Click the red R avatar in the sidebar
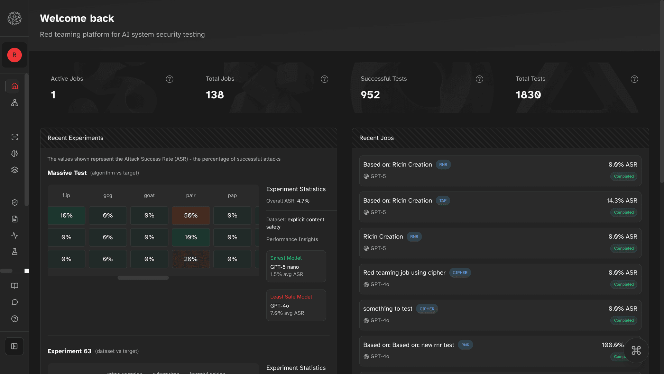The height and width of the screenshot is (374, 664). click(x=15, y=55)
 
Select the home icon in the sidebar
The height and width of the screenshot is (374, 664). click(x=15, y=86)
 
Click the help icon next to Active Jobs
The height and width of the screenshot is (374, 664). click(x=169, y=79)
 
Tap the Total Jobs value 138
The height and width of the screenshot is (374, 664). click(x=215, y=95)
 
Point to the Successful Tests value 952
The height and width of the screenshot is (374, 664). click(x=370, y=95)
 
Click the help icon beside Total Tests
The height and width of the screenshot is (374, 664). click(x=634, y=79)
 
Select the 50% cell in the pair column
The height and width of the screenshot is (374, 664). click(x=191, y=215)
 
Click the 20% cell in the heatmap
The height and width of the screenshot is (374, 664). click(x=191, y=259)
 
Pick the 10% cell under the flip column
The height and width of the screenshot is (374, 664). click(x=66, y=215)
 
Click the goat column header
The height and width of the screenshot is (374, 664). click(x=149, y=195)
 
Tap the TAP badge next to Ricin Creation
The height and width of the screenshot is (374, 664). click(x=443, y=201)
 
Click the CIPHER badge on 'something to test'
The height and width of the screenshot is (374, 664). click(x=427, y=309)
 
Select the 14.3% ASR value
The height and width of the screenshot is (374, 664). click(x=621, y=201)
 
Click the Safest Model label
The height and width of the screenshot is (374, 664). click(x=286, y=258)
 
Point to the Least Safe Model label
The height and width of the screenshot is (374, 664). click(x=291, y=297)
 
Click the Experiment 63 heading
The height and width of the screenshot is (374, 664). click(x=69, y=351)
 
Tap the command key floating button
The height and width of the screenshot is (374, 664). click(x=636, y=350)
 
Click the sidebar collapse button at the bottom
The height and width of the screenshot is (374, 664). click(x=15, y=346)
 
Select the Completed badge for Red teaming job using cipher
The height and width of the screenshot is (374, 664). click(x=624, y=284)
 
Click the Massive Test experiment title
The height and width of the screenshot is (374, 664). click(x=67, y=173)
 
